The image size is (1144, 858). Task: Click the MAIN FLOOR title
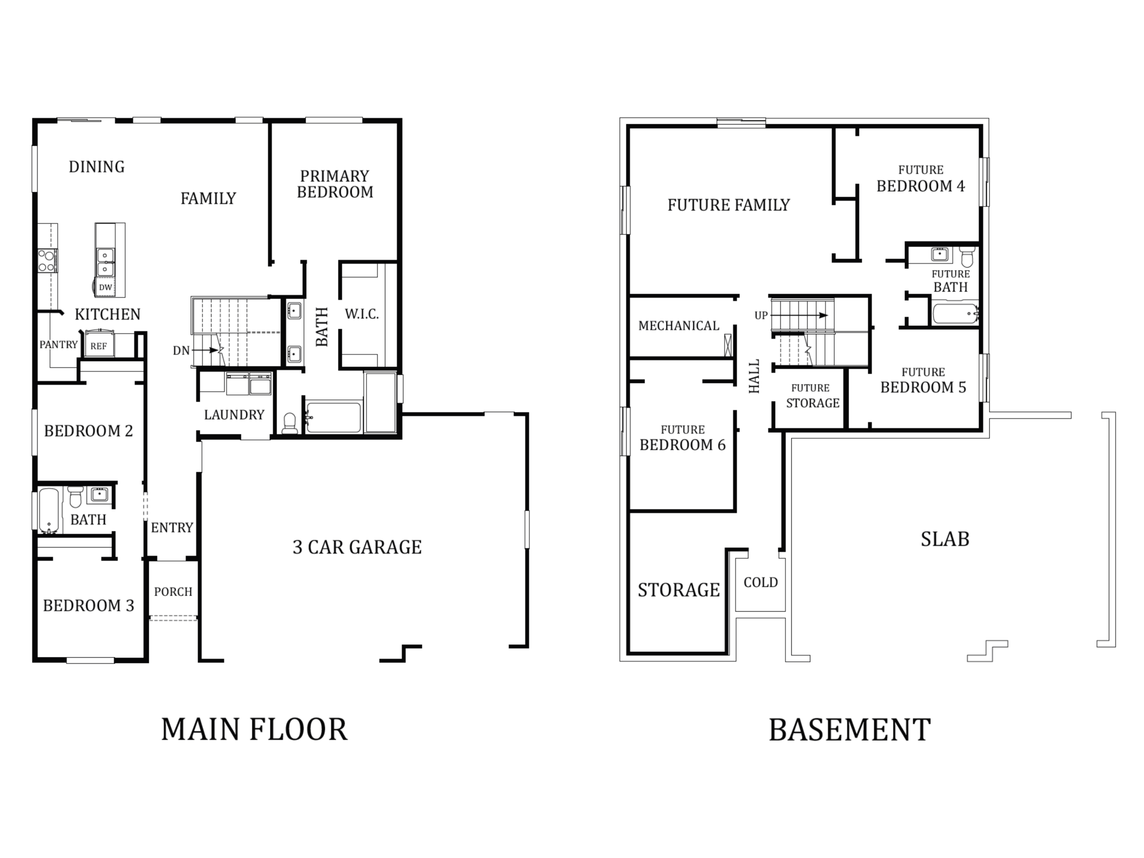click(254, 730)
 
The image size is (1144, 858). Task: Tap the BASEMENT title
click(850, 730)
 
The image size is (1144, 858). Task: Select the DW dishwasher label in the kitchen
click(105, 287)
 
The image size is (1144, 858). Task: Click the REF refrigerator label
click(98, 346)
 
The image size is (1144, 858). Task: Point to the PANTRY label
click(59, 345)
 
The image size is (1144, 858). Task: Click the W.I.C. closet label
click(362, 314)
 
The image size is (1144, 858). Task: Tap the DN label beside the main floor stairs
click(181, 351)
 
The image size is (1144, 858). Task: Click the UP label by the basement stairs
click(761, 315)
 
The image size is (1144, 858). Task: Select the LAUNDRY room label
click(234, 415)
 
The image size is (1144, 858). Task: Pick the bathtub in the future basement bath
click(955, 313)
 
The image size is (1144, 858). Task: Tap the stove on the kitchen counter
click(47, 261)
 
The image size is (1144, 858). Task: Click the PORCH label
click(173, 592)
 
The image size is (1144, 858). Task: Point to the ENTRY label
click(172, 527)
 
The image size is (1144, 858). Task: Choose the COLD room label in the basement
click(761, 582)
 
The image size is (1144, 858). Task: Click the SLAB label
click(945, 539)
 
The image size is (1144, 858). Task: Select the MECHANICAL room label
click(678, 326)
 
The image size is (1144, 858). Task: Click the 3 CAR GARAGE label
click(357, 547)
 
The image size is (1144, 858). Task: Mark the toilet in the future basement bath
click(967, 257)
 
